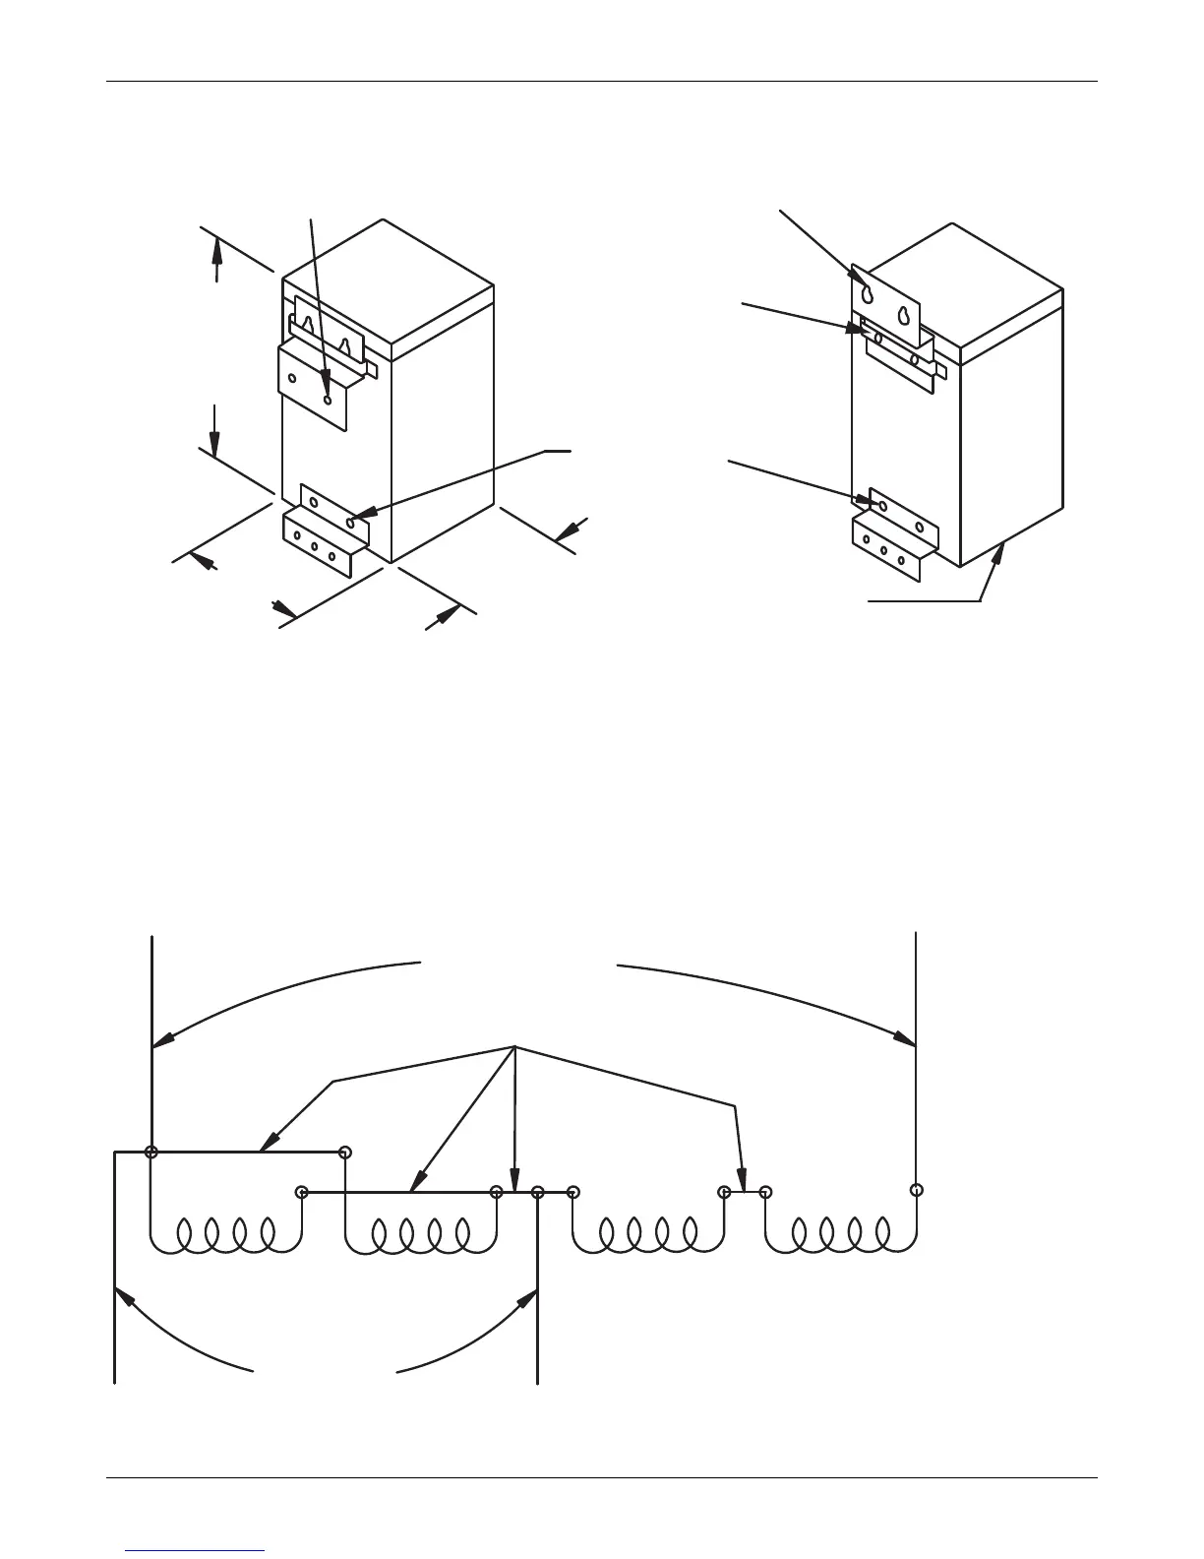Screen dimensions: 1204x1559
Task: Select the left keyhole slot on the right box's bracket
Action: point(868,294)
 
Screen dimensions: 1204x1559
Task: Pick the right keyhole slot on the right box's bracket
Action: point(902,316)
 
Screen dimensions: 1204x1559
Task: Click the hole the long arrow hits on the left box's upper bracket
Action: point(328,400)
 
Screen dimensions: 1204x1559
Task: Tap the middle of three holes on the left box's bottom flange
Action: point(315,546)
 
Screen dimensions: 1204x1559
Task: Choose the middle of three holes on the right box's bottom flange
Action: point(883,552)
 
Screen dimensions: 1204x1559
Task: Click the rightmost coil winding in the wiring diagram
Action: point(840,1232)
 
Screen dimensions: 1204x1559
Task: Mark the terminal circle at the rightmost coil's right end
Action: point(916,1189)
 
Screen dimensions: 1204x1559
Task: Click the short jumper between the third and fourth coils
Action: point(744,1192)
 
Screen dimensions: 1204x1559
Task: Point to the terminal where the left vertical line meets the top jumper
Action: point(151,1152)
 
